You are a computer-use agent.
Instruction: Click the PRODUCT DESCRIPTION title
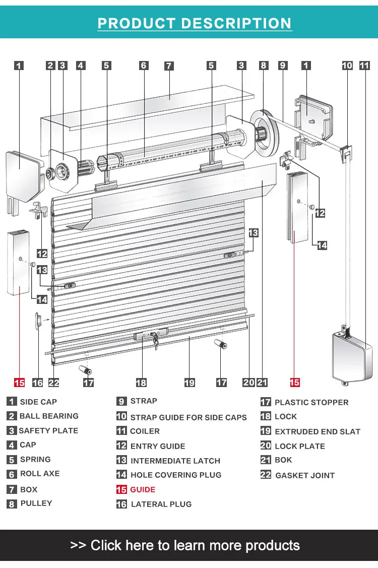click(194, 23)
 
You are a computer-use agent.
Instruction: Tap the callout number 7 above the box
click(169, 66)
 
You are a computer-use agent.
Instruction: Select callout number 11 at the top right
click(364, 66)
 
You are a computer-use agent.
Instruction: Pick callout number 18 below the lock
click(141, 383)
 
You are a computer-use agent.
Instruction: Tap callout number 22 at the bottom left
click(54, 383)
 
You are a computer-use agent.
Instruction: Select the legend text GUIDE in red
click(143, 489)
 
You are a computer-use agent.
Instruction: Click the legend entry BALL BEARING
click(49, 416)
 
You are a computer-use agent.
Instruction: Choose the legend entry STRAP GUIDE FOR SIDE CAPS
click(188, 417)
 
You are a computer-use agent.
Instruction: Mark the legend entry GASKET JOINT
click(304, 475)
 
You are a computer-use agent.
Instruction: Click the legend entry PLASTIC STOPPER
click(311, 402)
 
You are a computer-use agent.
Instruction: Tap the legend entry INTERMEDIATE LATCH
click(175, 461)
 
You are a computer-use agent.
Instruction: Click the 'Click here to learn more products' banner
click(185, 545)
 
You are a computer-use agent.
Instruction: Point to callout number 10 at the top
click(347, 66)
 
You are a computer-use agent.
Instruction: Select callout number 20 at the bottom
click(249, 383)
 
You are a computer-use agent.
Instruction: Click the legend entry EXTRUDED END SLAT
click(317, 431)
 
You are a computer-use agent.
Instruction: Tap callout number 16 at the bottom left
click(38, 383)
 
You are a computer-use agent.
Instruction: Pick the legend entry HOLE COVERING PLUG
click(175, 475)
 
